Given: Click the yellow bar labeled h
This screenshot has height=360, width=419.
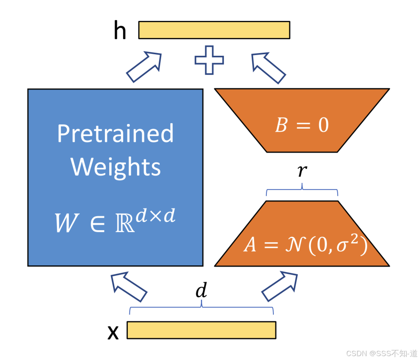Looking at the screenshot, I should pyautogui.click(x=214, y=30).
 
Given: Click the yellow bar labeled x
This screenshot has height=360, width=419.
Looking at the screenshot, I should pyautogui.click(x=201, y=330).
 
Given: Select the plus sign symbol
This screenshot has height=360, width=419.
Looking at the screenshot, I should pyautogui.click(x=209, y=60).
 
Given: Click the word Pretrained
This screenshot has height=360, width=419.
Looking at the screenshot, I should pyautogui.click(x=115, y=134).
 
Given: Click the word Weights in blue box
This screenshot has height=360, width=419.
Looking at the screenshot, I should pyautogui.click(x=115, y=167).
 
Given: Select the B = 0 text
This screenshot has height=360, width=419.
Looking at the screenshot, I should pyautogui.click(x=302, y=126).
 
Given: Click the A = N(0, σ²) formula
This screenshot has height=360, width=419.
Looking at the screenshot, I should pyautogui.click(x=305, y=245).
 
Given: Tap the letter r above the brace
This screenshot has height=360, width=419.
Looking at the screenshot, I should pyautogui.click(x=302, y=171).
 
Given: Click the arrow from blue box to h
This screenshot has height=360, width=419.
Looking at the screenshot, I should pyautogui.click(x=143, y=67).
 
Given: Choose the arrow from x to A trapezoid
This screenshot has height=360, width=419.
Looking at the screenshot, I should pyautogui.click(x=280, y=286).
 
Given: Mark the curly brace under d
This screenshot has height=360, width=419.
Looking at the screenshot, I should pyautogui.click(x=201, y=309).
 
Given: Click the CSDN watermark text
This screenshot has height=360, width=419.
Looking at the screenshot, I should pyautogui.click(x=381, y=353).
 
